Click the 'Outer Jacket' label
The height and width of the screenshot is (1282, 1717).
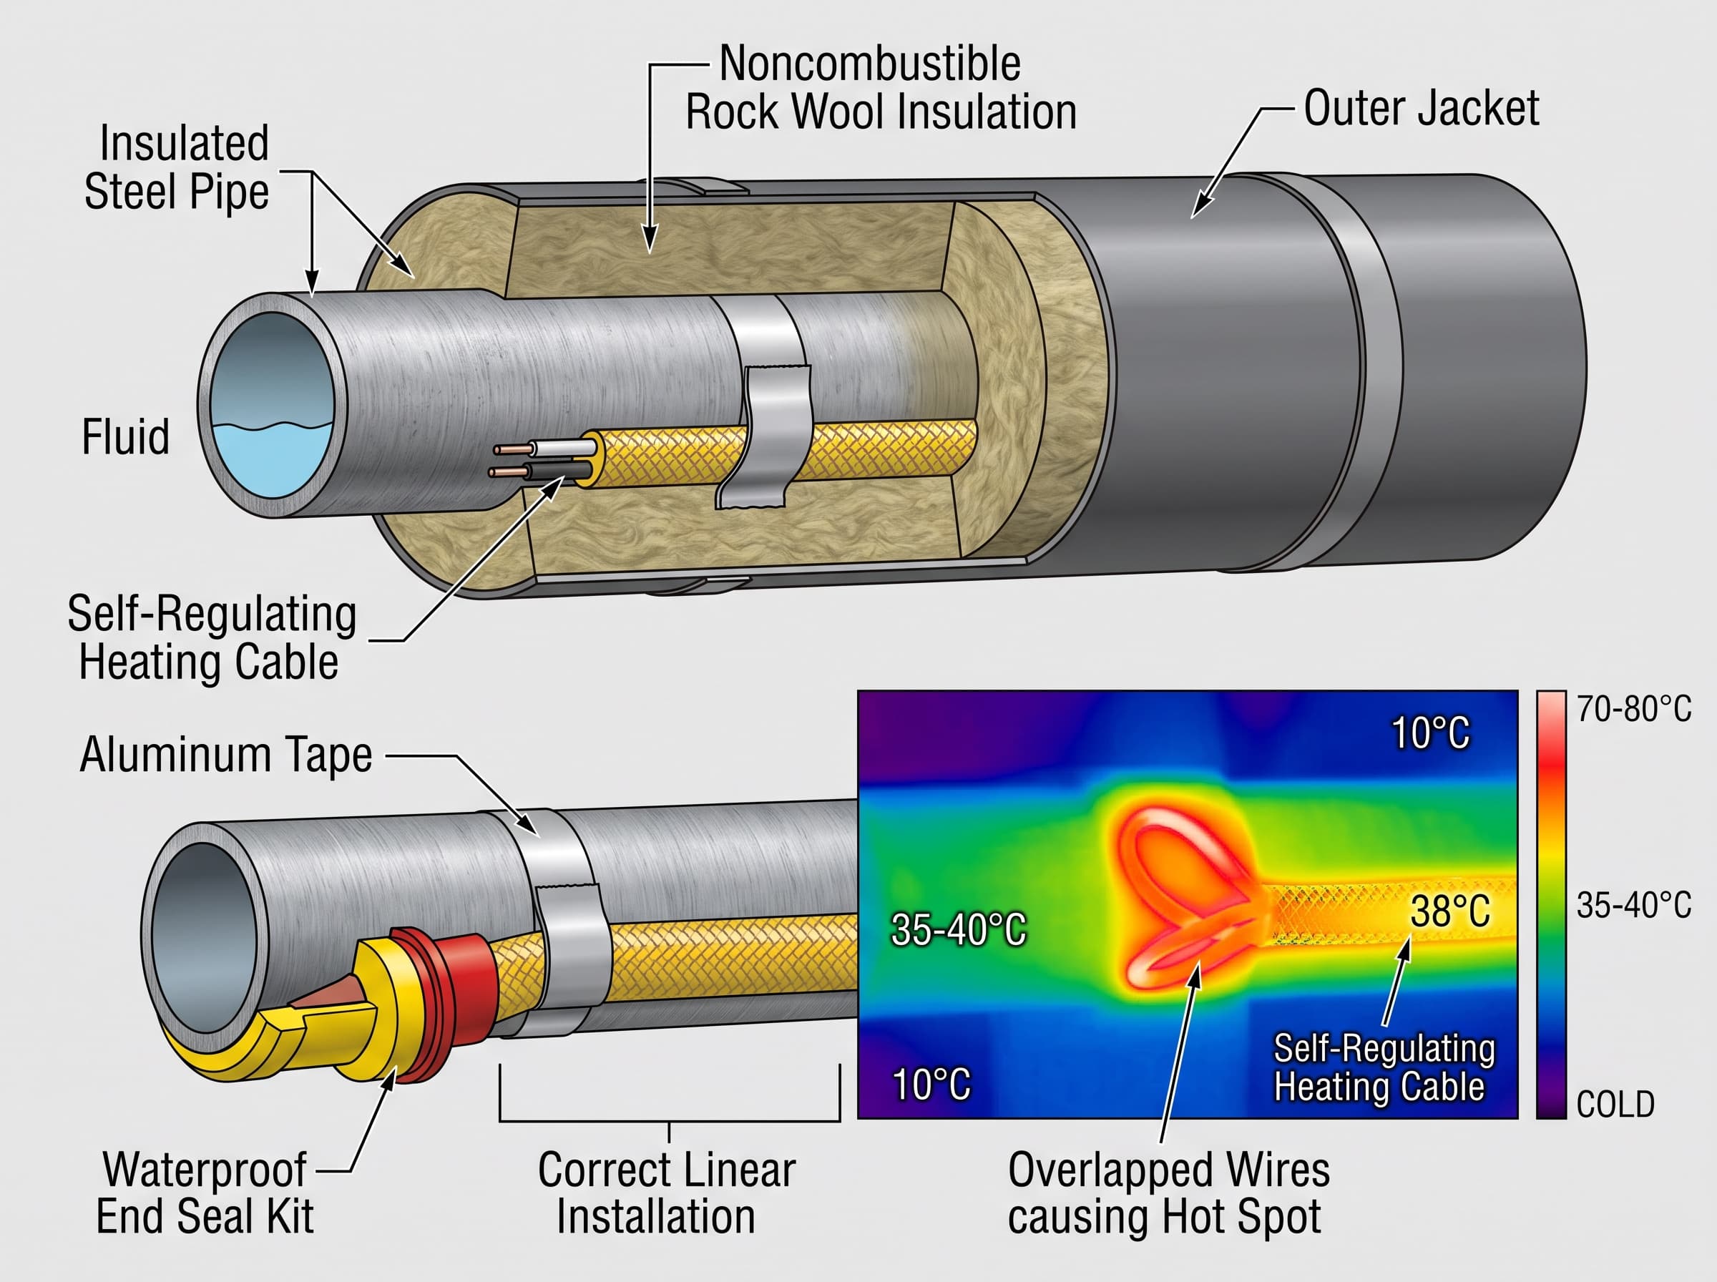(x=1421, y=108)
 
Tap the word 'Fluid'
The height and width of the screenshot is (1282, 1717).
(x=126, y=436)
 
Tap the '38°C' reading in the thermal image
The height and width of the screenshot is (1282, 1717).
(x=1450, y=911)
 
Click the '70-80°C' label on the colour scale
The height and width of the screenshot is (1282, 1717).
(x=1634, y=708)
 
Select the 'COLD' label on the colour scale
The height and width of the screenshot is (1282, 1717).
(x=1615, y=1104)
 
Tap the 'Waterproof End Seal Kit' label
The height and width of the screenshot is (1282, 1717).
(x=205, y=1193)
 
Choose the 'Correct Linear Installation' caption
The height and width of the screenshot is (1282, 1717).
(x=667, y=1193)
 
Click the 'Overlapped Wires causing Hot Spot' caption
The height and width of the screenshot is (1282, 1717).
(x=1168, y=1193)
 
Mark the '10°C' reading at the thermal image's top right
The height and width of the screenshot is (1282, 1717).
(x=1430, y=733)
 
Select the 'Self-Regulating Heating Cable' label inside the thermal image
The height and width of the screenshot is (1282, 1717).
(x=1384, y=1067)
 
